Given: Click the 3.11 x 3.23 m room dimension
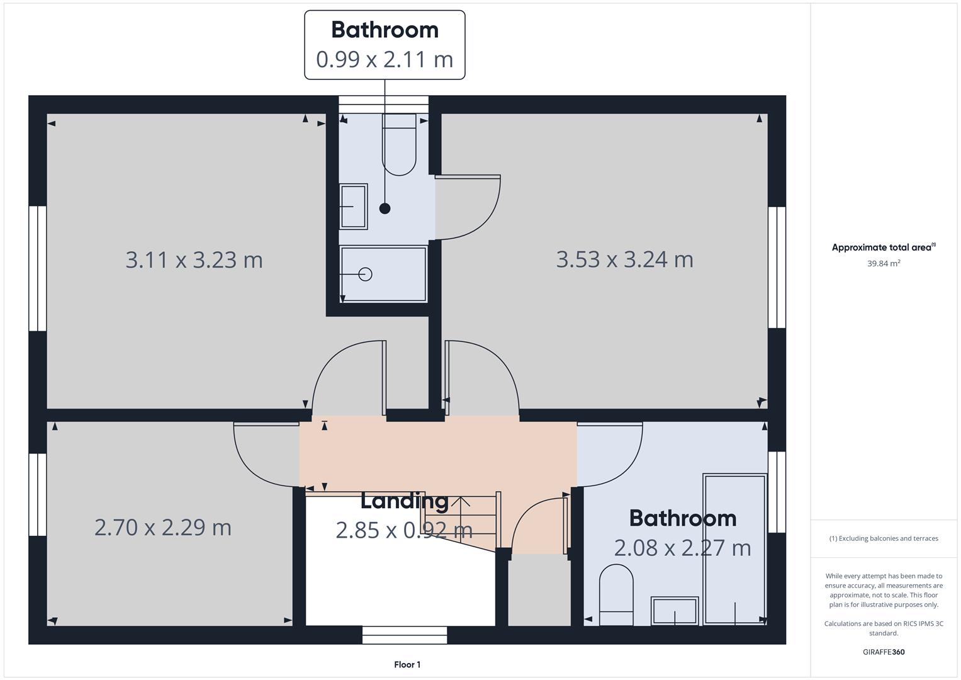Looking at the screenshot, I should (194, 259).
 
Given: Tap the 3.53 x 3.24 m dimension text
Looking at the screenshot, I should (624, 259).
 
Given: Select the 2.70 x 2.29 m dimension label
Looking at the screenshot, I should (163, 527).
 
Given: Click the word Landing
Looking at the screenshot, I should (404, 501).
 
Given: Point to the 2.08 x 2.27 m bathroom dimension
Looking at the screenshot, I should (682, 548).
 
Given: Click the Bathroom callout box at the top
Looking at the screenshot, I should (385, 45).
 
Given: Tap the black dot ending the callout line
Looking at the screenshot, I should (385, 208).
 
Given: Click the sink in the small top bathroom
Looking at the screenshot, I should (353, 206).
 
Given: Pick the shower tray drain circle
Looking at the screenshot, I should (366, 274).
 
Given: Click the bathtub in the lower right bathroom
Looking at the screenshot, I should (734, 549).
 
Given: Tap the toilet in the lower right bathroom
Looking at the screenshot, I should (616, 594).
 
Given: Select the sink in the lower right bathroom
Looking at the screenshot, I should (675, 610).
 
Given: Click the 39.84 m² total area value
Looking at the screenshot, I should (883, 263).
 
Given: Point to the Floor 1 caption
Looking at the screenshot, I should (407, 664).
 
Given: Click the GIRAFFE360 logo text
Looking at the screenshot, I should (883, 652).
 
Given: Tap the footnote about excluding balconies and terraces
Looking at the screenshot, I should (883, 538).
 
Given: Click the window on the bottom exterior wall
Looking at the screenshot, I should (405, 635).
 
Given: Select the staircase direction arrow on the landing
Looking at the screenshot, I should (461, 504).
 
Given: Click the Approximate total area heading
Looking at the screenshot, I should (883, 247).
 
